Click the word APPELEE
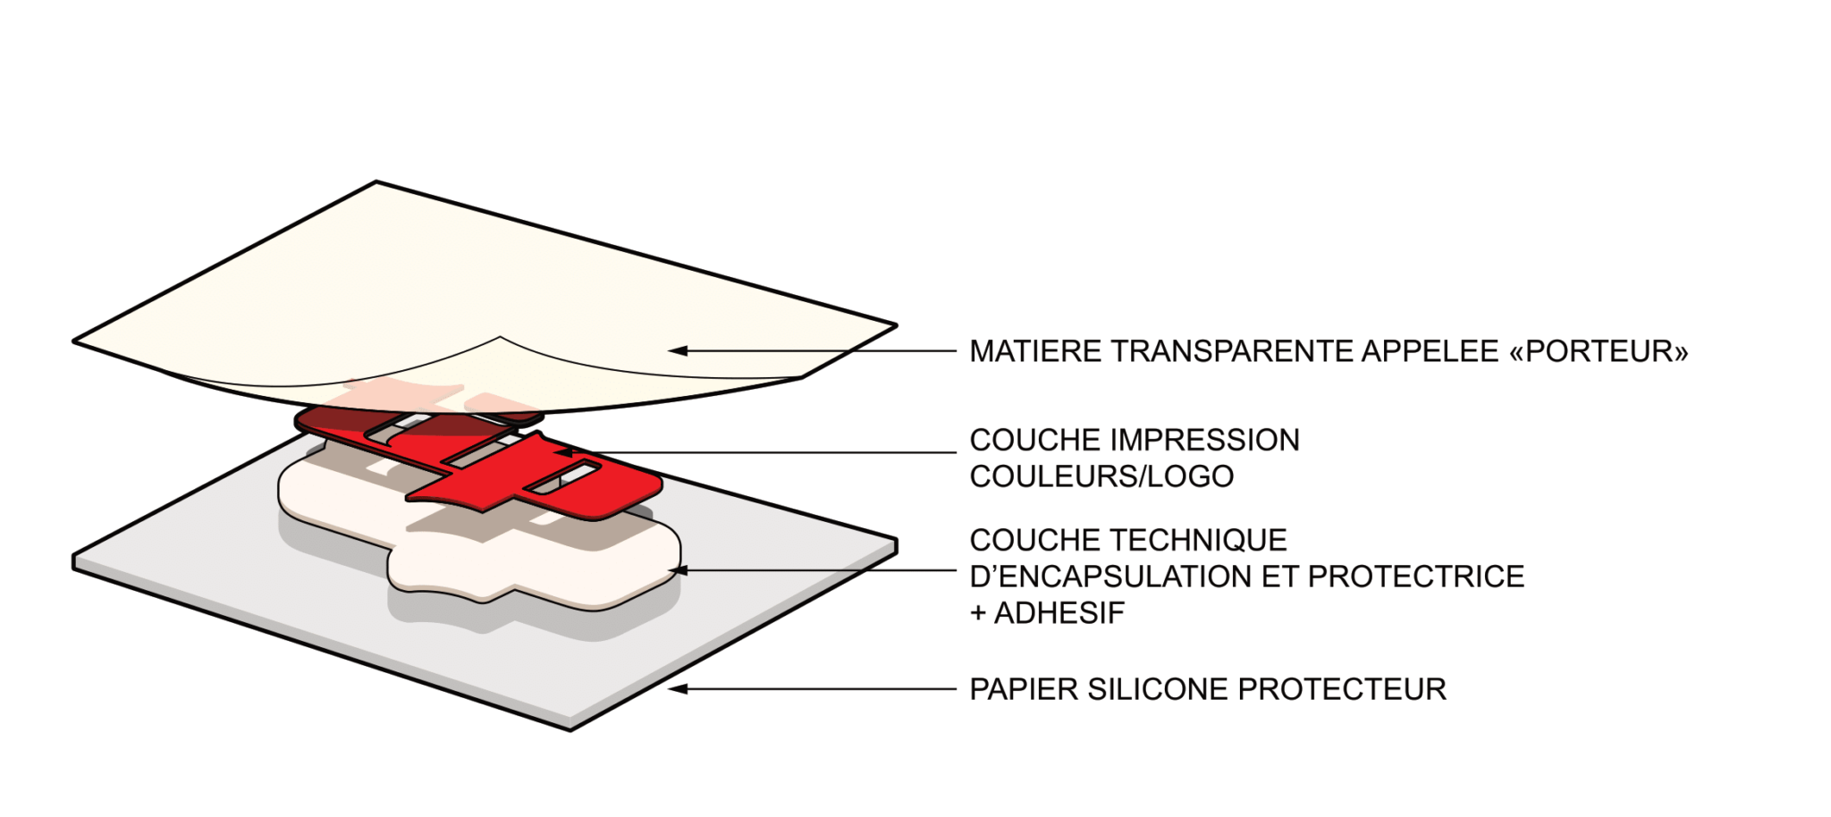1429,351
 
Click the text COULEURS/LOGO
1101,476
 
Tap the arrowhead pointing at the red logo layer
562,452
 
